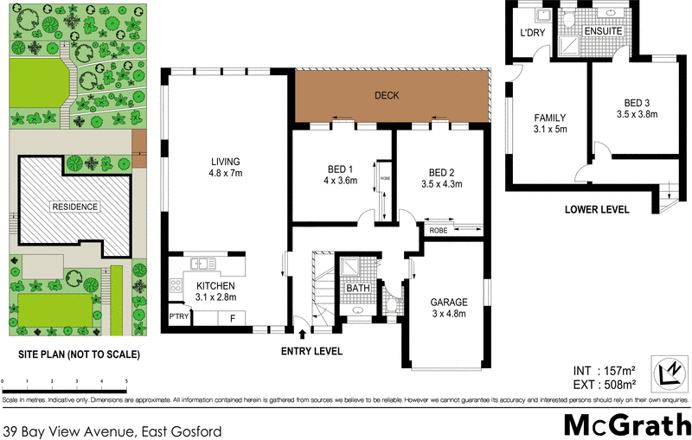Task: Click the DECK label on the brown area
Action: pyautogui.click(x=387, y=96)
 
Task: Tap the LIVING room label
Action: pyautogui.click(x=224, y=162)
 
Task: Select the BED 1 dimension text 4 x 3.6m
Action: pyautogui.click(x=333, y=182)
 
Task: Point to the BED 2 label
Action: pyautogui.click(x=441, y=171)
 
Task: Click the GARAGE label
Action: pyautogui.click(x=448, y=303)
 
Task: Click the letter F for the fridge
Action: pyautogui.click(x=231, y=318)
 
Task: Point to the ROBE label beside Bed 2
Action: pyautogui.click(x=438, y=231)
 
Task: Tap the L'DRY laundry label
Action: pyautogui.click(x=530, y=33)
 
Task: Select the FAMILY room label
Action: pyautogui.click(x=549, y=118)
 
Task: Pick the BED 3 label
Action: pyautogui.click(x=637, y=101)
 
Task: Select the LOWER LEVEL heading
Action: pyautogui.click(x=596, y=210)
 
